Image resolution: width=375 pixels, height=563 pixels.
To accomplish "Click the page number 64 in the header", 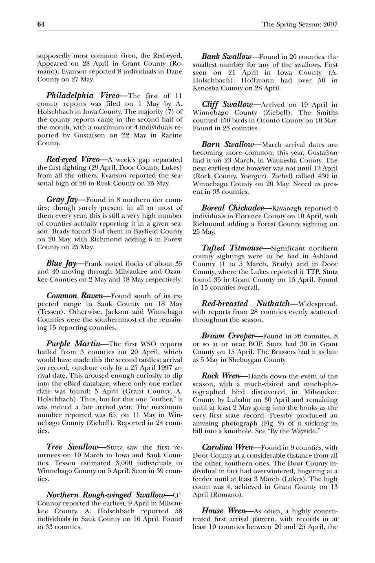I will point(41,24).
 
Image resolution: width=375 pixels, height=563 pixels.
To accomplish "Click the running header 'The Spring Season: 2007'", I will point(300,24).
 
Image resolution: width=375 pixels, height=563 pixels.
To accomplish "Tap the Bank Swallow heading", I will point(226,56).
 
